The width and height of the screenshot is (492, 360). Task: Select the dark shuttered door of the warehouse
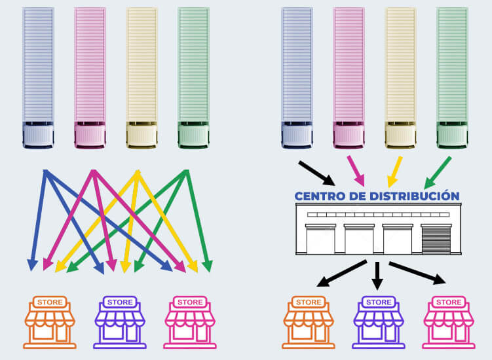[436, 240]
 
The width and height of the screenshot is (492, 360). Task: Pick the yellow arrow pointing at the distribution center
[395, 171]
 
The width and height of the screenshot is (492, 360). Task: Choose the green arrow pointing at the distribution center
[438, 171]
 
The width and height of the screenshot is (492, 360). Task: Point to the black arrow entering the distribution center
[317, 172]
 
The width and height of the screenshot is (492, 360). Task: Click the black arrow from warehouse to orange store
[341, 273]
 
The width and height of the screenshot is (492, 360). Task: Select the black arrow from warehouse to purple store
[377, 275]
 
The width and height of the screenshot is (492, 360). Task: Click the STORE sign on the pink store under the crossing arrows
[190, 302]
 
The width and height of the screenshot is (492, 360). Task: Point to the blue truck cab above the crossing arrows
[39, 134]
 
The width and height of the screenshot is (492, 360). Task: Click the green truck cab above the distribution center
[452, 134]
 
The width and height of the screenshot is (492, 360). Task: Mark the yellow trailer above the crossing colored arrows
[142, 63]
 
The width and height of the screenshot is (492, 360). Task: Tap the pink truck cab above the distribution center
[349, 134]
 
